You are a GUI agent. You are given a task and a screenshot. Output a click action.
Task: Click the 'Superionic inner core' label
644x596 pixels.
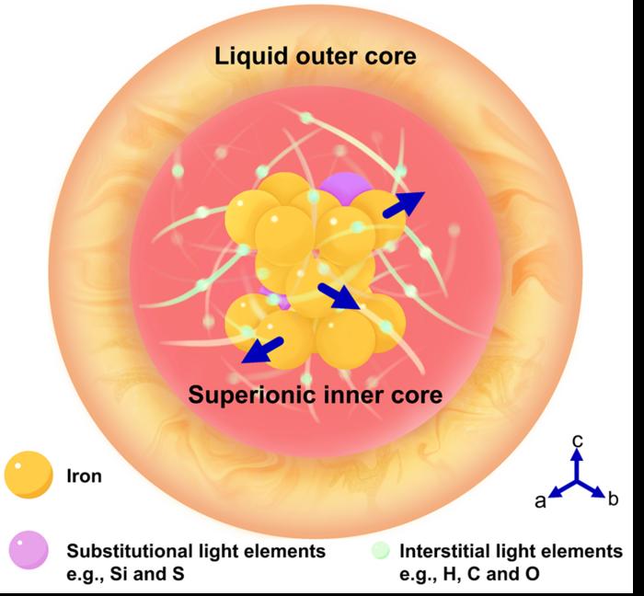point(316,396)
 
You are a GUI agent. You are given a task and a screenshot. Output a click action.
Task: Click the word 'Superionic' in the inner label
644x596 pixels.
point(242,396)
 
